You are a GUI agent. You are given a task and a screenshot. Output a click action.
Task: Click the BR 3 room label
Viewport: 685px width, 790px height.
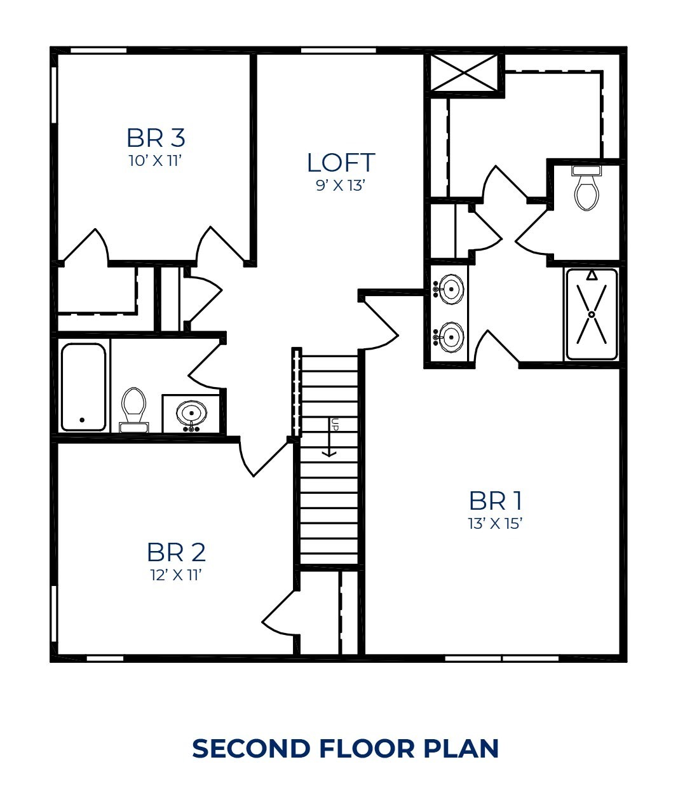[x=156, y=137]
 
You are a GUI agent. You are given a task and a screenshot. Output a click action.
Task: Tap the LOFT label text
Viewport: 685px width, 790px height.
[x=341, y=163]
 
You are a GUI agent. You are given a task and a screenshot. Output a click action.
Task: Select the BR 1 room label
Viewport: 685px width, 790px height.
[x=496, y=501]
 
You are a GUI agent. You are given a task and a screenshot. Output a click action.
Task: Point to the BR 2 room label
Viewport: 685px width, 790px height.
[x=176, y=552]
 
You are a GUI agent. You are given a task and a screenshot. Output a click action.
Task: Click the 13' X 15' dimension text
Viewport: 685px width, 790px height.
[x=495, y=524]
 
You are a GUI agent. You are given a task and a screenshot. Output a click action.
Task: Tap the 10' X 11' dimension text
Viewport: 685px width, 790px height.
[x=156, y=160]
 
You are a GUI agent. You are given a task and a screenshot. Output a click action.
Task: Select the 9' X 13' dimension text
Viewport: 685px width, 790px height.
[x=341, y=186]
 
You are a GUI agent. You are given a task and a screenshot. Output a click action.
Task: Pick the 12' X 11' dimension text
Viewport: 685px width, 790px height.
[x=176, y=575]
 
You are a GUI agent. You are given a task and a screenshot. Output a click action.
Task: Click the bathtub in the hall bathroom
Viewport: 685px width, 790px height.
[x=83, y=386]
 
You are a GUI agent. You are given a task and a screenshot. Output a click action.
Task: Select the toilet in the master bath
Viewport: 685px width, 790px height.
[x=586, y=188]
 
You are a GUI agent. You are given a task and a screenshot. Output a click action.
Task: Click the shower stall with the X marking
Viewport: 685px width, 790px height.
[x=592, y=314]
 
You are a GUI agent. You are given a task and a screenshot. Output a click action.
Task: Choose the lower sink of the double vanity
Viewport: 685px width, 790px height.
[x=450, y=337]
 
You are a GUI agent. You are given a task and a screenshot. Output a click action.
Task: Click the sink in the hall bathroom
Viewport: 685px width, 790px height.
[x=191, y=414]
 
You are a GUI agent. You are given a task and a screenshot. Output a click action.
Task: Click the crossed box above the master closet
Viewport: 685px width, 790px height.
[x=465, y=74]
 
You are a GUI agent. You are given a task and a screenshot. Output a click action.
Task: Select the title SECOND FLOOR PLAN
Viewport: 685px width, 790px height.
[x=345, y=749]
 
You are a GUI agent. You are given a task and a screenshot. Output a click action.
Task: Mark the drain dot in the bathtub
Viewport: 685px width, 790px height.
[x=82, y=420]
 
